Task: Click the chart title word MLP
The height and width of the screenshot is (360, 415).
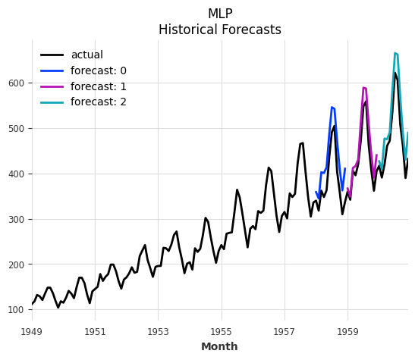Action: click(x=219, y=14)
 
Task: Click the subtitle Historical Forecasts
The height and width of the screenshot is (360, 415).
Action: click(x=219, y=30)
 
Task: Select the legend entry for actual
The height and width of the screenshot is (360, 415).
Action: click(x=86, y=55)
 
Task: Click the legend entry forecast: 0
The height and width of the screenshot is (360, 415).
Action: click(x=98, y=71)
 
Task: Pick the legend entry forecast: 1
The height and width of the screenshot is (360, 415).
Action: click(x=98, y=86)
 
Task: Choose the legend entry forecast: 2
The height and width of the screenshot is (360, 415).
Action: click(x=98, y=102)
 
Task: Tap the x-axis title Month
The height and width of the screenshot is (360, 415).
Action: click(x=219, y=347)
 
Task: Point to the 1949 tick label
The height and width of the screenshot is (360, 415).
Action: click(x=32, y=332)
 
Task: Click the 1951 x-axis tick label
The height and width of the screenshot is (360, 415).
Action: click(x=95, y=332)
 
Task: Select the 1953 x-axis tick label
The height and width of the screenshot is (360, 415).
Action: click(x=158, y=332)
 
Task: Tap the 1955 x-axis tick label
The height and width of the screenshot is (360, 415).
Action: click(x=221, y=332)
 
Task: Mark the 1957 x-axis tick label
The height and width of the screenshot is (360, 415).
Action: click(x=285, y=332)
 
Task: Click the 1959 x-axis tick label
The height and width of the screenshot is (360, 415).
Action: click(x=347, y=332)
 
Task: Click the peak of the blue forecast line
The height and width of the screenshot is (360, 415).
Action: click(x=332, y=107)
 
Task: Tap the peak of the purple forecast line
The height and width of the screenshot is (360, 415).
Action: click(x=363, y=87)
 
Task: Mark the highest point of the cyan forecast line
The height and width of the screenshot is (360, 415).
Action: click(x=395, y=53)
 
